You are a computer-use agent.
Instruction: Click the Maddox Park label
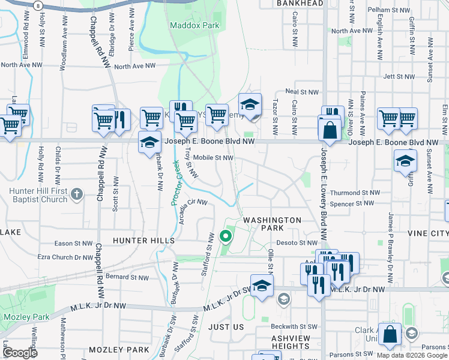pos(194,26)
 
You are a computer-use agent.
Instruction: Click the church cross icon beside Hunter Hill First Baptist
pos(76,194)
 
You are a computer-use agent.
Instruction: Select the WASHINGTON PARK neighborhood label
pos(272,224)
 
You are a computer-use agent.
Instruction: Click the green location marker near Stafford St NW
pos(226,236)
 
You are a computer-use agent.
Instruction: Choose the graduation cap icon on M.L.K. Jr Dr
pos(262,287)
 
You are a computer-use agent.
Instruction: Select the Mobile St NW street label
pos(212,158)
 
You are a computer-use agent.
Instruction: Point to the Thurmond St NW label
pos(355,193)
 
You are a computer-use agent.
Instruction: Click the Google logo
pos(19,353)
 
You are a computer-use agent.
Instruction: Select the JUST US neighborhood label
pos(226,327)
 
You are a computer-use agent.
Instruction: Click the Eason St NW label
pos(73,244)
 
